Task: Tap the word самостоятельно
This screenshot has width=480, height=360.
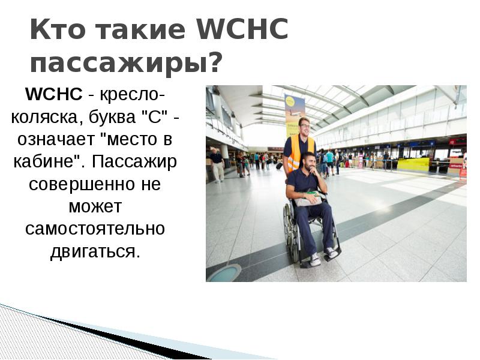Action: point(95,229)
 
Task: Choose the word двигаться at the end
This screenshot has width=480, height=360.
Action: point(95,251)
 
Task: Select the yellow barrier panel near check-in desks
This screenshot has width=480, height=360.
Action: point(413,164)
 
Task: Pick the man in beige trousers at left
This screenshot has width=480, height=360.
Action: point(217,165)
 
